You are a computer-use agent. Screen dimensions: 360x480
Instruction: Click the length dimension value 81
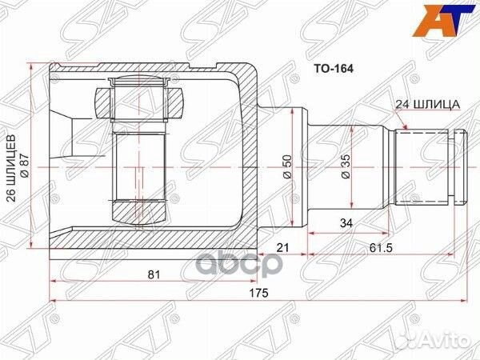pyautogui.click(x=155, y=274)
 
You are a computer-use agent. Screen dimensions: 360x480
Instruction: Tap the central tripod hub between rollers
pyautogui.click(x=140, y=156)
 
